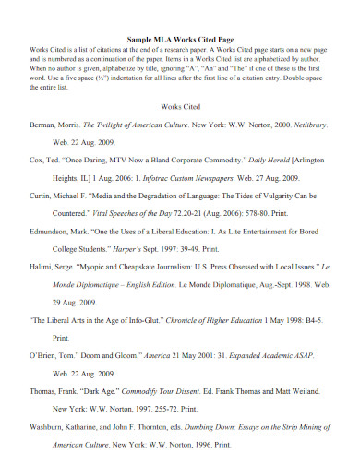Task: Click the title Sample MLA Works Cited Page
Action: [x=179, y=40]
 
